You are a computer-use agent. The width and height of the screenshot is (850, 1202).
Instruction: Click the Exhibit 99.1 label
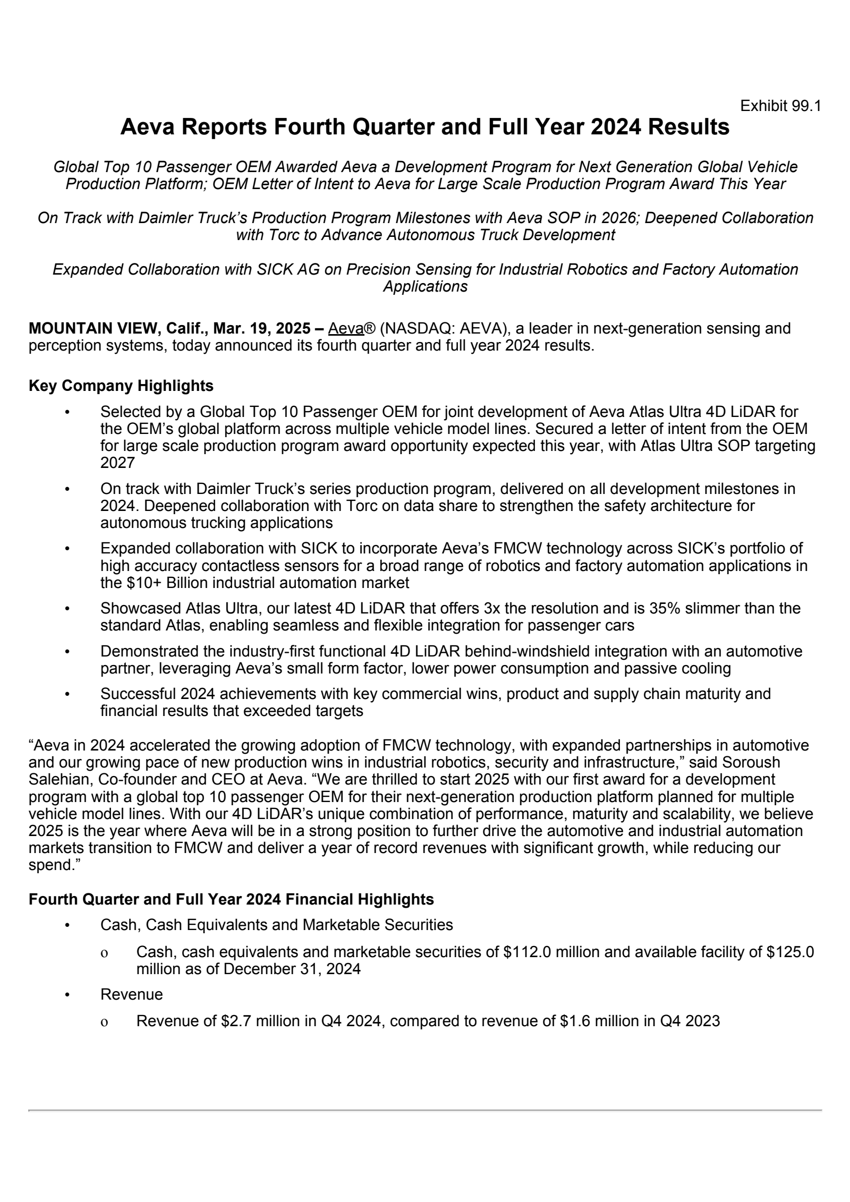click(780, 106)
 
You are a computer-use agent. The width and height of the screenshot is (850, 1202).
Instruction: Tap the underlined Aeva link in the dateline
click(345, 328)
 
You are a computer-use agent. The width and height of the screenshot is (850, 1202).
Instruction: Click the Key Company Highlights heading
click(121, 386)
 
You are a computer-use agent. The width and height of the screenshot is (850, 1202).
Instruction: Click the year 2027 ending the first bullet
click(117, 463)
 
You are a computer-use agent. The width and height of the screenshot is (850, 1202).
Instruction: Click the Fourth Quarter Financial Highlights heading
click(231, 900)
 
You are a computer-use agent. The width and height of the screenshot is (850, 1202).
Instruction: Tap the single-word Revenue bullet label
click(132, 994)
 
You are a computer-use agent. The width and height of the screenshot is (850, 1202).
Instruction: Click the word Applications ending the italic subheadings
click(426, 286)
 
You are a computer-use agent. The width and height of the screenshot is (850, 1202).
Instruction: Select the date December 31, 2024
click(292, 969)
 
